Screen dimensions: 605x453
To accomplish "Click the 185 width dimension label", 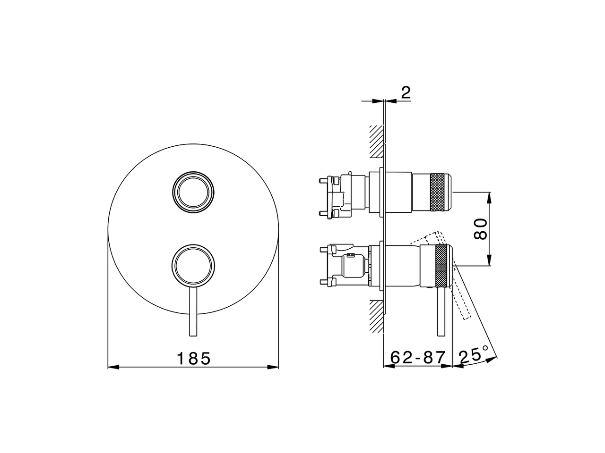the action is click(193, 358).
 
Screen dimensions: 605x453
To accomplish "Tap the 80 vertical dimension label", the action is click(480, 229).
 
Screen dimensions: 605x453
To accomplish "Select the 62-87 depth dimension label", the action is click(418, 358).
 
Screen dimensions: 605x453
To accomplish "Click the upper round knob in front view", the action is click(193, 192).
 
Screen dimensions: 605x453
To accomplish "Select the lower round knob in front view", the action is click(193, 266).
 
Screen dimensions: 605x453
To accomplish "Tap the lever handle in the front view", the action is click(193, 311).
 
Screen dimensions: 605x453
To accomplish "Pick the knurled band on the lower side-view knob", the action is click(442, 266).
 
